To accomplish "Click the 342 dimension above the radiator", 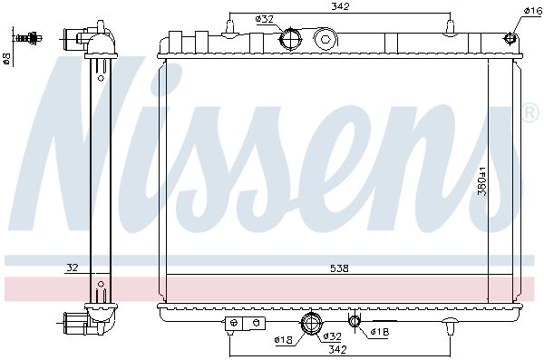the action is click(x=340, y=6).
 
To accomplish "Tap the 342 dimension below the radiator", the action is click(x=337, y=349).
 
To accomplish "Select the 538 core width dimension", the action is click(x=339, y=268).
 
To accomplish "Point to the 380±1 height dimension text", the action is click(x=482, y=181).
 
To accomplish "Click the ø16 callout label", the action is click(x=532, y=11).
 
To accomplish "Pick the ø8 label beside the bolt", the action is click(x=6, y=58).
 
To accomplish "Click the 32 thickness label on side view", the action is click(x=73, y=268).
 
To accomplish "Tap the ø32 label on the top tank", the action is click(x=265, y=19).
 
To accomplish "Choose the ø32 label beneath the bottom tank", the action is click(x=332, y=336).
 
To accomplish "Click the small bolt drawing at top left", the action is click(x=29, y=37).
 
